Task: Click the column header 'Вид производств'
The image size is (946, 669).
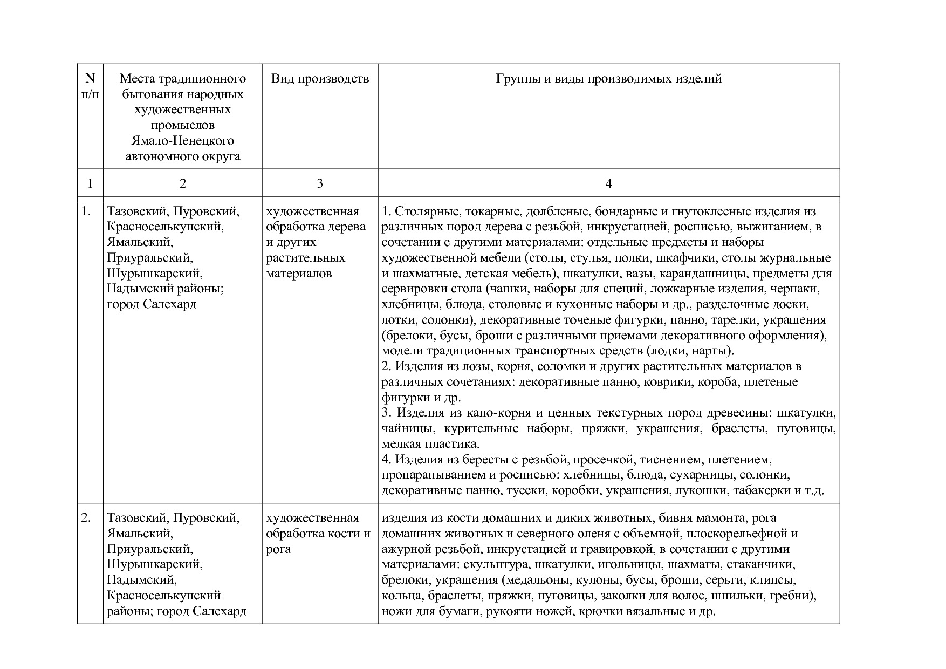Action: pyautogui.click(x=320, y=79)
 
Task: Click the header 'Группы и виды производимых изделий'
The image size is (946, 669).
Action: pyautogui.click(x=608, y=79)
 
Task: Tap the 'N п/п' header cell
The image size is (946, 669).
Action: pyautogui.click(x=90, y=86)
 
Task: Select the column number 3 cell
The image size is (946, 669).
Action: pyautogui.click(x=320, y=183)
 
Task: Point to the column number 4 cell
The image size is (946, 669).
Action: pyautogui.click(x=608, y=183)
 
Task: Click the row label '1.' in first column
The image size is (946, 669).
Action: pyautogui.click(x=86, y=211)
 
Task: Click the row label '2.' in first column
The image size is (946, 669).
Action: pyautogui.click(x=86, y=518)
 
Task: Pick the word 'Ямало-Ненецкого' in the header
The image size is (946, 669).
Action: pyautogui.click(x=182, y=141)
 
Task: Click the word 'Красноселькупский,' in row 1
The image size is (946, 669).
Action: pyautogui.click(x=165, y=227)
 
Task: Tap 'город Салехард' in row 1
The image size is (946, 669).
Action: pyautogui.click(x=152, y=304)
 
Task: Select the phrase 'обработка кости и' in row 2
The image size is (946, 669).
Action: pyautogui.click(x=318, y=534)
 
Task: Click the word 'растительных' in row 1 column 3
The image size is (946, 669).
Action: pyautogui.click(x=305, y=258)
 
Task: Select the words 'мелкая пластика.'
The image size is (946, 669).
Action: pyautogui.click(x=430, y=445)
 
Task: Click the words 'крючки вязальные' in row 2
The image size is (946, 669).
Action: pyautogui.click(x=625, y=612)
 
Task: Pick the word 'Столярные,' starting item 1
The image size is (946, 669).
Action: pyautogui.click(x=426, y=211)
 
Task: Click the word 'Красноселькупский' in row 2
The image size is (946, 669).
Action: pyautogui.click(x=163, y=596)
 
